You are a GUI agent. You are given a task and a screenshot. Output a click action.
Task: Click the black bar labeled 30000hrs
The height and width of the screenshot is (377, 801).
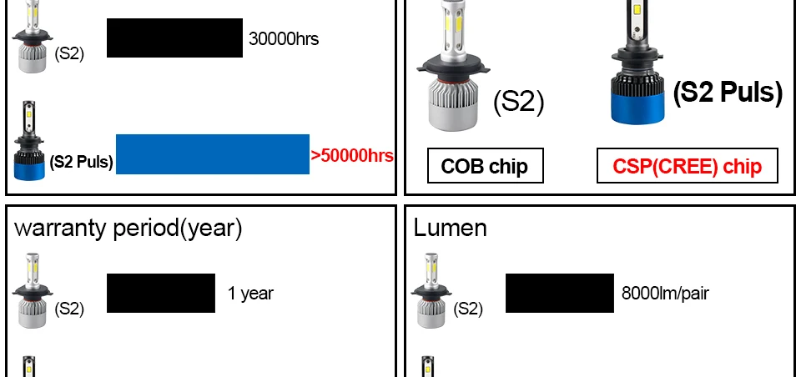click(174, 38)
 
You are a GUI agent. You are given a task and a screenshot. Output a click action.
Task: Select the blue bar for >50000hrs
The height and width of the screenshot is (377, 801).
click(213, 154)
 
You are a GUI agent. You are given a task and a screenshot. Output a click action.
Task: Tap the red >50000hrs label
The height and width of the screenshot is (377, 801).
click(352, 155)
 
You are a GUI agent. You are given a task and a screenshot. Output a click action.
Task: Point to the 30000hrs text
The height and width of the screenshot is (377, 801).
click(284, 38)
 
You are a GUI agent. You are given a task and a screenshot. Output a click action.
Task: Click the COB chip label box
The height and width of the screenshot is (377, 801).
click(486, 165)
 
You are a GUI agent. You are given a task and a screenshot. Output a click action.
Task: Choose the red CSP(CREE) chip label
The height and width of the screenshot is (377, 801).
click(687, 165)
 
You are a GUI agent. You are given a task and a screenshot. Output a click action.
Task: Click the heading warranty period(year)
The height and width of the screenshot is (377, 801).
click(128, 229)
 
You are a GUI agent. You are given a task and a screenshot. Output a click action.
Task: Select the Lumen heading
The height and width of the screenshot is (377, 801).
click(450, 228)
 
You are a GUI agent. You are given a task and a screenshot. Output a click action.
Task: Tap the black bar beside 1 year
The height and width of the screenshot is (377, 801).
click(161, 294)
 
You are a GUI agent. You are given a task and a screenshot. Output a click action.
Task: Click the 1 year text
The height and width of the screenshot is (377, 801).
click(250, 294)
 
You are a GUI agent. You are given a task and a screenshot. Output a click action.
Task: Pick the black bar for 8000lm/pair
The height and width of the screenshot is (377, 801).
click(560, 294)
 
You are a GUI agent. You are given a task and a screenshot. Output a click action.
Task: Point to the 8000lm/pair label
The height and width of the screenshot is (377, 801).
click(665, 294)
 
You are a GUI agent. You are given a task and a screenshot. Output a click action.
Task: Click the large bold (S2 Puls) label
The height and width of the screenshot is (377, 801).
click(728, 93)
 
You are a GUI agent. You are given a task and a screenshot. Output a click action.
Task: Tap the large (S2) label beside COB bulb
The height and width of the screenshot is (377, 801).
click(519, 102)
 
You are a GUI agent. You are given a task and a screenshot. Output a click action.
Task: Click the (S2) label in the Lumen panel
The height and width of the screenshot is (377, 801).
click(468, 309)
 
